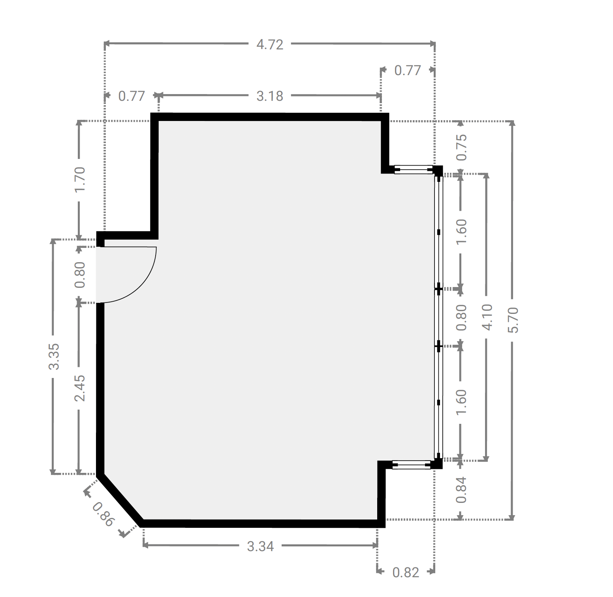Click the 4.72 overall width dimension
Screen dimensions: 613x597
coord(270,44)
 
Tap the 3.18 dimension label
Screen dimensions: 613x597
coord(270,96)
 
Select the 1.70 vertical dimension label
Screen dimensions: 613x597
coord(80,179)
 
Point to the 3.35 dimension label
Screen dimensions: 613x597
coord(54,356)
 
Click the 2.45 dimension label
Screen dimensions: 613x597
coord(80,388)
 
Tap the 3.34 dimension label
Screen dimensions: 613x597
coord(260,546)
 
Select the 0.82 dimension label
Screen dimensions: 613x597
coord(406,572)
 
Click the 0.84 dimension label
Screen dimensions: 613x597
coord(461,490)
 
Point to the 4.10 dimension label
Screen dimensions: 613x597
coord(487,317)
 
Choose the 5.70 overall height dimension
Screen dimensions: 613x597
coord(513,319)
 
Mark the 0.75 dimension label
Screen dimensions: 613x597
coord(461,147)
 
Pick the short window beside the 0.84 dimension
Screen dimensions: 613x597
coord(411,465)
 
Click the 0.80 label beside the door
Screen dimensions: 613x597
coord(80,275)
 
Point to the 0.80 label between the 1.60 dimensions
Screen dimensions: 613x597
coord(461,317)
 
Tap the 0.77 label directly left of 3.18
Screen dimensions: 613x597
coord(132,96)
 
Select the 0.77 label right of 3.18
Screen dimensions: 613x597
coord(408,70)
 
